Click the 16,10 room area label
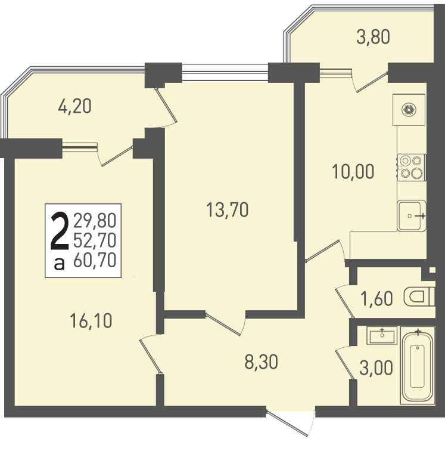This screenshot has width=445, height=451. [x=91, y=322]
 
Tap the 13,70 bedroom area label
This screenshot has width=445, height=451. [x=227, y=209]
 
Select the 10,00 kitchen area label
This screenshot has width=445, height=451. [x=353, y=171]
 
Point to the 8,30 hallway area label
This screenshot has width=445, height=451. [x=261, y=362]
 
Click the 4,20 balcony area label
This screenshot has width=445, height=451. [x=74, y=106]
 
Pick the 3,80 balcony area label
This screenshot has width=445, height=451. [x=373, y=37]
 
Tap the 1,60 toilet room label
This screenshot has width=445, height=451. [x=376, y=298]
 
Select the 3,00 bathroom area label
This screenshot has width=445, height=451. [x=376, y=368]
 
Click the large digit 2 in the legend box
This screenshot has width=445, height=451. [x=60, y=231]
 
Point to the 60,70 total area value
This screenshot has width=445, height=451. [x=95, y=260]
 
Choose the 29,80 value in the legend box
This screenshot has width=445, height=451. [x=95, y=220]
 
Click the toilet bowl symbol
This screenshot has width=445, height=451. [x=419, y=297]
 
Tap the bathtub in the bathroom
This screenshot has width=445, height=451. [x=418, y=366]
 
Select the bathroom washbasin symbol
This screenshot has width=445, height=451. [x=382, y=335]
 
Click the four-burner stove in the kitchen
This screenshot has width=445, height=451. [x=412, y=167]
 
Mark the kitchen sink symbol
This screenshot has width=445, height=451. [x=412, y=216]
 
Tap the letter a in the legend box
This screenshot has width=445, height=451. [x=59, y=264]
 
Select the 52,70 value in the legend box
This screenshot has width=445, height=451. [x=95, y=240]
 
